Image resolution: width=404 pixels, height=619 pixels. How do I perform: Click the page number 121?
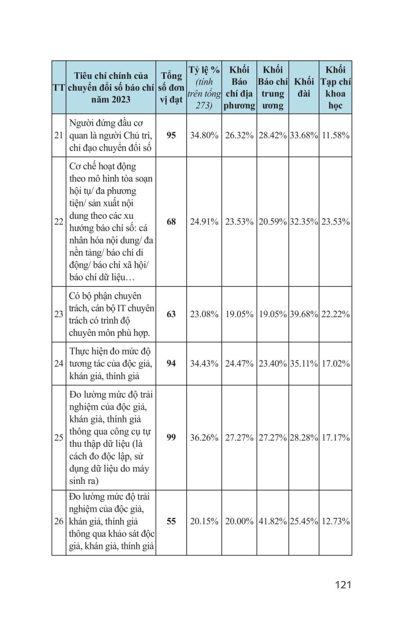pos(343,584)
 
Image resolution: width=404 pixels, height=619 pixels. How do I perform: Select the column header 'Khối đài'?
pos(304,88)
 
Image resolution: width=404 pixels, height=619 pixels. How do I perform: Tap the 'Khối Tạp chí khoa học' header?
pos(335,88)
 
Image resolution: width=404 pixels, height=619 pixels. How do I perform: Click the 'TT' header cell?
pos(58,88)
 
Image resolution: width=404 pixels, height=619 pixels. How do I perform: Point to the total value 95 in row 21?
pos(171,135)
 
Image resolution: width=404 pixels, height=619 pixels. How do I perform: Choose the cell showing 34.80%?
pos(204,135)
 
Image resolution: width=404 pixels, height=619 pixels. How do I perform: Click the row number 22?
pos(58,222)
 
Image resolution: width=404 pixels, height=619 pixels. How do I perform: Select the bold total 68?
pos(171,222)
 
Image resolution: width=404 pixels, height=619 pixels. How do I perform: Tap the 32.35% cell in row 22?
pos(304,222)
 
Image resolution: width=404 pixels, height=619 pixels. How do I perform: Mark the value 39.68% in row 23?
pos(304,314)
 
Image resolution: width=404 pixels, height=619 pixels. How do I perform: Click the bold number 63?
pos(171,314)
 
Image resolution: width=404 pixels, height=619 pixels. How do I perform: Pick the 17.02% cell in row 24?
pos(335,363)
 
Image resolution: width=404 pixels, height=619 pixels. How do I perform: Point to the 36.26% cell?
pos(204,437)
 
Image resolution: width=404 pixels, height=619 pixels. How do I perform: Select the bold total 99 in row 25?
pos(171,437)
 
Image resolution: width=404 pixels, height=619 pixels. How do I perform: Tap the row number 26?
pos(58,521)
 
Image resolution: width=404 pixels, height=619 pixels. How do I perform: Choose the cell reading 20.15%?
pos(204,521)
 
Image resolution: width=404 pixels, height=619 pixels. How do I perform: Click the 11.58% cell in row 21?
pos(335,135)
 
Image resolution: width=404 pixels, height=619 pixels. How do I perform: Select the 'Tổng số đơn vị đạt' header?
pos(171,88)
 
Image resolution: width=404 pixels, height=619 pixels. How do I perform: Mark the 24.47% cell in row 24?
pos(239,363)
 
